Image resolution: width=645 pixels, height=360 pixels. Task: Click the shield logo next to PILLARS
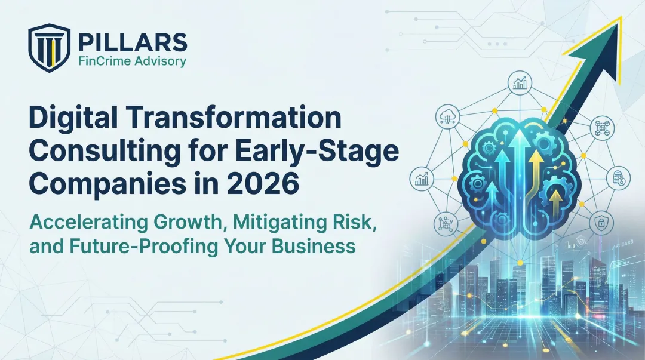click(49, 48)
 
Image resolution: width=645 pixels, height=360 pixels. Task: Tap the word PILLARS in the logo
click(132, 42)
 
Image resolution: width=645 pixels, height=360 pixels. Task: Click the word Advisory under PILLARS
click(160, 61)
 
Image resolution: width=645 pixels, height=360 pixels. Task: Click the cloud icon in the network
click(447, 116)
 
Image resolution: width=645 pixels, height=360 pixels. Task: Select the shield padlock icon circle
click(600, 223)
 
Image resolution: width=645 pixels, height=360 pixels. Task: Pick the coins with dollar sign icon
click(619, 178)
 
